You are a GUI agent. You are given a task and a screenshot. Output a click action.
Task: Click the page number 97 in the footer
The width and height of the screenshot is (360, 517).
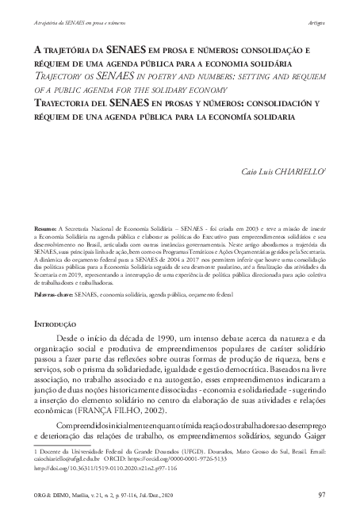(x=320, y=496)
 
